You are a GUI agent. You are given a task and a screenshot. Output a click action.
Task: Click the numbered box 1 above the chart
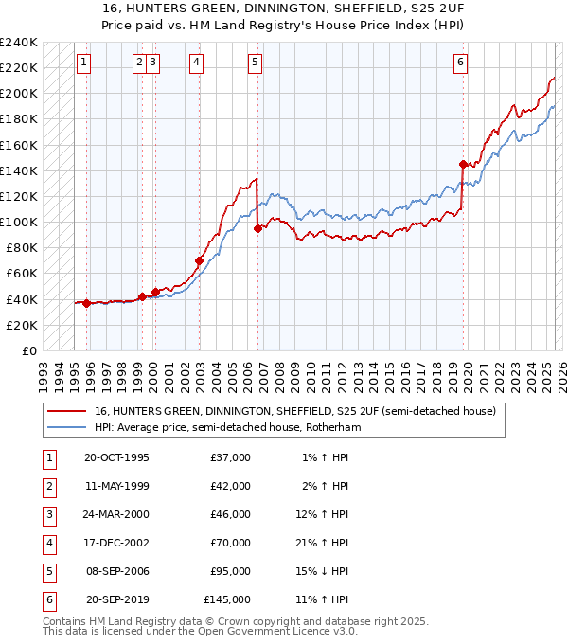point(84,63)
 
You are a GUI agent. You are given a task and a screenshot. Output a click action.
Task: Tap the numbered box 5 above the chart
point(256,63)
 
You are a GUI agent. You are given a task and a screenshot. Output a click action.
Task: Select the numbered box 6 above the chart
point(460,63)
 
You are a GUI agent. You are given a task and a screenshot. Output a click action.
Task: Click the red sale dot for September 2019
point(463,164)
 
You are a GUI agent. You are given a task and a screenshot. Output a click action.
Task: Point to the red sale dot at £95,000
point(257,228)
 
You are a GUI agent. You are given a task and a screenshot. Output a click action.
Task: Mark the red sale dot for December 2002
point(200,260)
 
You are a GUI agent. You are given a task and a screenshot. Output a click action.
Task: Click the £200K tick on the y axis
point(19,94)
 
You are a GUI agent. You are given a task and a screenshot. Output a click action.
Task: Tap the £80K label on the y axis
point(22,248)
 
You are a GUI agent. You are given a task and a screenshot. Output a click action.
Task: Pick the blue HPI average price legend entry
point(228,427)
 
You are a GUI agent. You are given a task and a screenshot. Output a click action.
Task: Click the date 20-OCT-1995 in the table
point(116,457)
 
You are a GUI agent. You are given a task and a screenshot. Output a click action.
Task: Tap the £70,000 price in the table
point(231,543)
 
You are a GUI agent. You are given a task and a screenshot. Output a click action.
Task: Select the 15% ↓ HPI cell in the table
point(325,571)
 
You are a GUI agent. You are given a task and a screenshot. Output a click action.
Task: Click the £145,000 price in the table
point(228,599)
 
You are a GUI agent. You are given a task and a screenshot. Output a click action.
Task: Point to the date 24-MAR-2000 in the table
point(116,514)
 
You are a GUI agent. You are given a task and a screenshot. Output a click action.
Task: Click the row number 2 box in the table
point(46,486)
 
